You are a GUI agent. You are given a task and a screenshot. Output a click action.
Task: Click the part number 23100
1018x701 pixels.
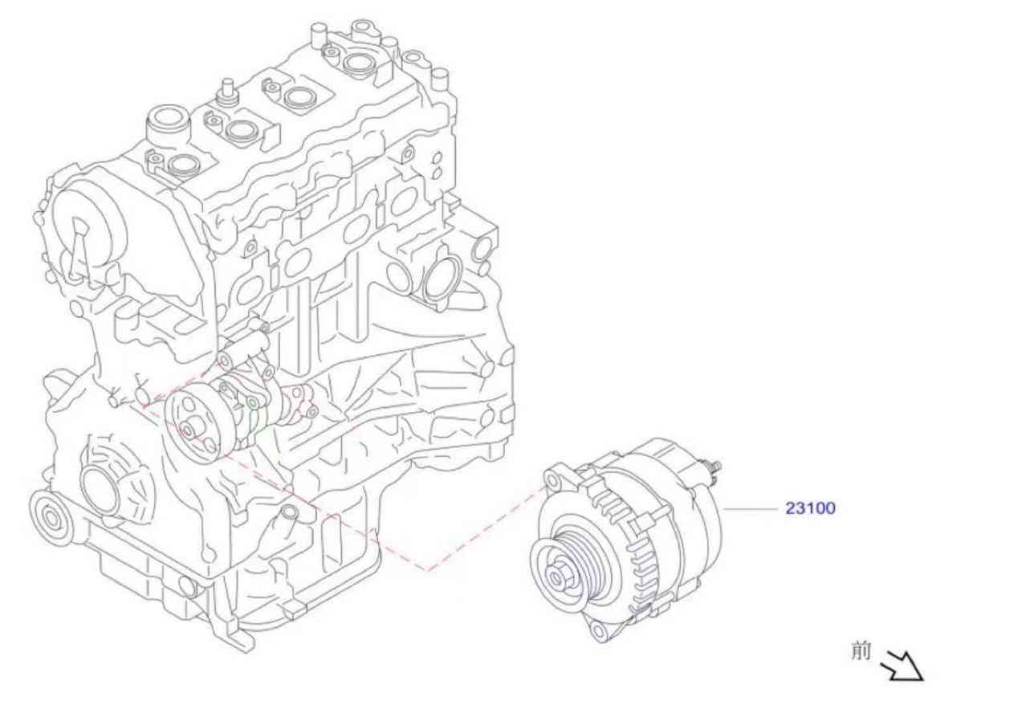[x=810, y=507]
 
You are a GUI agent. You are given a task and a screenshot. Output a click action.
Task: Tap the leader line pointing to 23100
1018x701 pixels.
[x=751, y=509]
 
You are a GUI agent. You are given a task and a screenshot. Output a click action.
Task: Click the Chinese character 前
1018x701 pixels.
[x=861, y=651]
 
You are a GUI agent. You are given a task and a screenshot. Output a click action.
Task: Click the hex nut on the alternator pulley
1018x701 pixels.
[x=556, y=578]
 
